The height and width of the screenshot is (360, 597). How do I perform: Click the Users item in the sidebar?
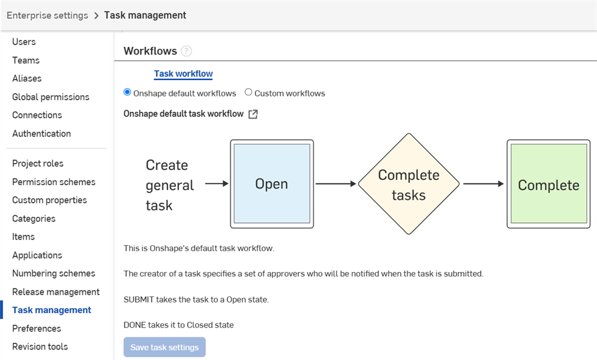[x=24, y=42]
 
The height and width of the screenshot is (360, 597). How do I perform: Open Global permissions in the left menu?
[x=51, y=97]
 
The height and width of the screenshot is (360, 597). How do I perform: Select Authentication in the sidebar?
[x=42, y=133]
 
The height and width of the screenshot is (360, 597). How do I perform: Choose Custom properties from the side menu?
[x=49, y=200]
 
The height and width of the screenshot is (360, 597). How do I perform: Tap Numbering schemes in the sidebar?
[x=54, y=273]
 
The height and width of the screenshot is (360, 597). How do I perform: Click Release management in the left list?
[x=56, y=292]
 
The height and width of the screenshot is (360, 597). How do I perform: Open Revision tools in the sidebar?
[x=40, y=347]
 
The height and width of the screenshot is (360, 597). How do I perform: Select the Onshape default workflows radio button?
[x=127, y=92]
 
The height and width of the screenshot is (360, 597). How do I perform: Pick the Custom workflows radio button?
[x=248, y=92]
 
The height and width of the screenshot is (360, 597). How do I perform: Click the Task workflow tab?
[x=183, y=74]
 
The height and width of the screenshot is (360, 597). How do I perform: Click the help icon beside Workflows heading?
[x=186, y=51]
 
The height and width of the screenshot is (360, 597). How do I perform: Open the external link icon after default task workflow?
[x=253, y=114]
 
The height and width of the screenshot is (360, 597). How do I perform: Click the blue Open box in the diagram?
[x=271, y=184]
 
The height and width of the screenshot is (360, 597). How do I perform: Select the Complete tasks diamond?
[x=408, y=184]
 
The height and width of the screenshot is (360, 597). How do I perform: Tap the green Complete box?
[x=548, y=185]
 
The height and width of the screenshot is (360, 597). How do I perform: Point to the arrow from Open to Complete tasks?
[x=335, y=183]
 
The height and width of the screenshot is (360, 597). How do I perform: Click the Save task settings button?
[x=164, y=347]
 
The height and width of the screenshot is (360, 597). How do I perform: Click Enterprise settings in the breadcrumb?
[x=47, y=15]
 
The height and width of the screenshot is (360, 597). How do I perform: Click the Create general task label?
[x=169, y=185]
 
